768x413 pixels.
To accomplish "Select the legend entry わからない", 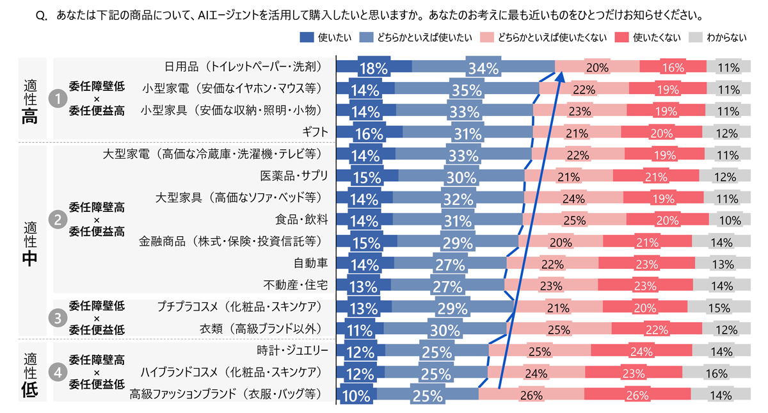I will coord(726,38).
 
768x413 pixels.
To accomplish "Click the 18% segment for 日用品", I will coord(374,67).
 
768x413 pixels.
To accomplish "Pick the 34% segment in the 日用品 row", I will coord(483,67).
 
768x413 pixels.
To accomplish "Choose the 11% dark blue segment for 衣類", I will coord(360,329).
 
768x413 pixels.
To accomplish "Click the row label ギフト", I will coord(316,132).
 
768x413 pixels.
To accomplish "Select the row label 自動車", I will coord(310,263).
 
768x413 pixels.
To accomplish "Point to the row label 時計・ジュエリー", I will coord(292,350).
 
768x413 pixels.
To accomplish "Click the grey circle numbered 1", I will coord(59,99).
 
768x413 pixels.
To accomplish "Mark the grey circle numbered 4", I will coord(59,373).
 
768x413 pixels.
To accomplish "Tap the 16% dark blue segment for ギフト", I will coord(370,133).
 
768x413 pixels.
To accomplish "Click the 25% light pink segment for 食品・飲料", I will coord(574,220).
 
